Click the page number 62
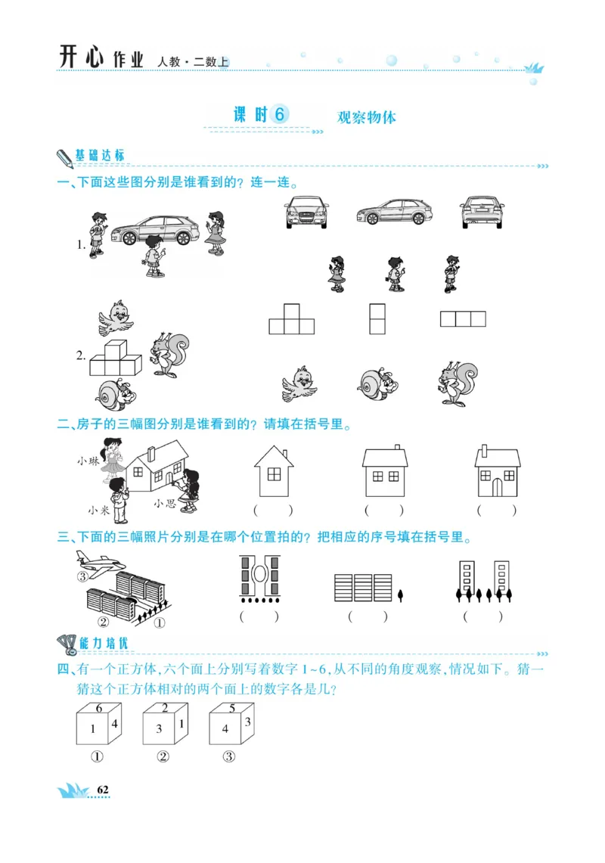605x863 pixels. tap(103, 790)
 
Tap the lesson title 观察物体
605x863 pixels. tap(366, 117)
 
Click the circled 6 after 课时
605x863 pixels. tap(279, 114)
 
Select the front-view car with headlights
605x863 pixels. tap(307, 212)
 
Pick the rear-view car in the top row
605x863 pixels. tap(482, 212)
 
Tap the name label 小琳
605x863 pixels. tap(88, 461)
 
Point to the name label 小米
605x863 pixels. tap(98, 510)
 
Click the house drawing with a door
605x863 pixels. tap(497, 472)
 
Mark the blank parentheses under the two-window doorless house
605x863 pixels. tap(383, 511)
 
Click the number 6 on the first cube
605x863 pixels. tap(99, 708)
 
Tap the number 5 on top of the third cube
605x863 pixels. tap(232, 709)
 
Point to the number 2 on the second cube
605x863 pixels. tap(165, 708)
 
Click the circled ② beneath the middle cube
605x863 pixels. tap(163, 757)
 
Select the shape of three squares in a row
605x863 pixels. tap(463, 318)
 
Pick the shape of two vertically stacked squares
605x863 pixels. tap(377, 318)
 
